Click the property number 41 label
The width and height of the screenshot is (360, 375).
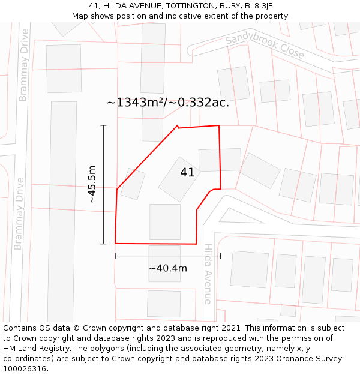187,173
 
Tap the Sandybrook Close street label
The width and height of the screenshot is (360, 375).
265,46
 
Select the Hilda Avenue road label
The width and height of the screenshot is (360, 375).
208,274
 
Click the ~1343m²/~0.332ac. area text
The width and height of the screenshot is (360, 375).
168,103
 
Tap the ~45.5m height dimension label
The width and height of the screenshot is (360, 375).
92,184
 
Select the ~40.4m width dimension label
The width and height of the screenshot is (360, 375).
168,268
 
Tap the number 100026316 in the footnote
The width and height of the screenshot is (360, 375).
23,369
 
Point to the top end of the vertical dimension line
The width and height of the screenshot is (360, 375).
103,125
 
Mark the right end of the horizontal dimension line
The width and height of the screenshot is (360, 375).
220,256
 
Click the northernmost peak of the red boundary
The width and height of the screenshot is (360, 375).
178,125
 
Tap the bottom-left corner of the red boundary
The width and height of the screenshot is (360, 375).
115,243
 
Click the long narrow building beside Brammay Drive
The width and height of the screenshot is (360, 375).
62,210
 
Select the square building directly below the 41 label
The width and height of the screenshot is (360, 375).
165,221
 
